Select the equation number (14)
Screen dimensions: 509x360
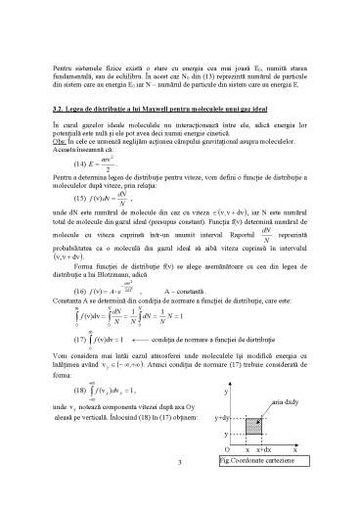point(59,162)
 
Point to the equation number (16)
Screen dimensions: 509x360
point(59,291)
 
